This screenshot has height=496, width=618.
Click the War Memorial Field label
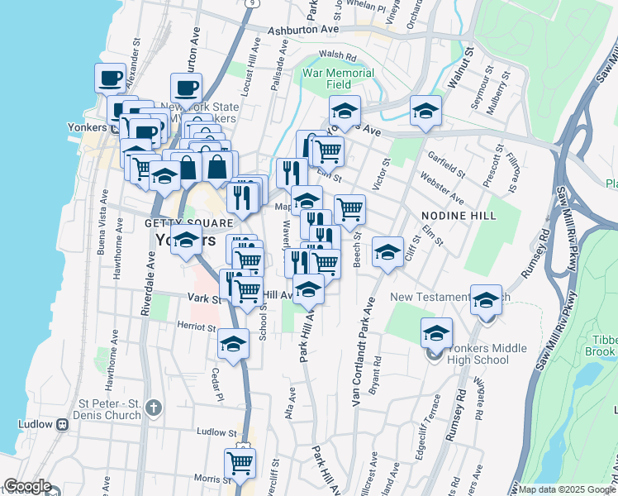(x=338, y=79)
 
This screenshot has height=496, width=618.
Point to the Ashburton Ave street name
(x=304, y=30)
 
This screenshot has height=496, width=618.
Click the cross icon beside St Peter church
(x=152, y=407)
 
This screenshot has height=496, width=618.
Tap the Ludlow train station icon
(x=62, y=425)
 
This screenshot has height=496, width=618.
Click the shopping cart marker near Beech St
(x=349, y=210)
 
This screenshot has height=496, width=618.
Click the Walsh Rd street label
(x=336, y=55)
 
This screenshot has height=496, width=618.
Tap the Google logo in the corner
(x=26, y=486)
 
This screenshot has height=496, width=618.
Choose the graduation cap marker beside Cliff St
(x=387, y=253)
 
